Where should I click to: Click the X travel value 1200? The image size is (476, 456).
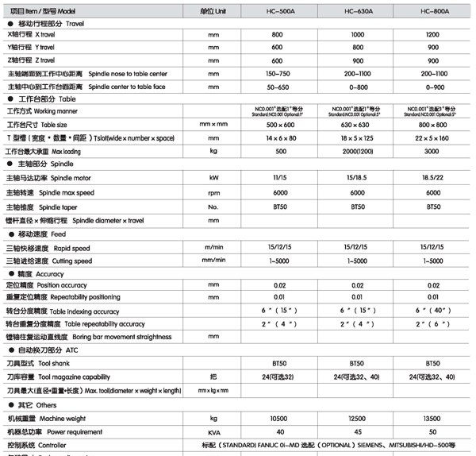[x=433, y=36]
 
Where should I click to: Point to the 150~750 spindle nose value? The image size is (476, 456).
[x=278, y=72]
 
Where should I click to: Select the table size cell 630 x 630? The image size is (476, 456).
[x=358, y=125]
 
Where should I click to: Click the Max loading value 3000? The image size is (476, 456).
[x=433, y=150]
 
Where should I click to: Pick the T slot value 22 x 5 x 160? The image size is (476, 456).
[x=433, y=137]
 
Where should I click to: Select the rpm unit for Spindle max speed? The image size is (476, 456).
[x=213, y=192]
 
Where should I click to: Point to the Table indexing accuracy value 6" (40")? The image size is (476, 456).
[x=433, y=311]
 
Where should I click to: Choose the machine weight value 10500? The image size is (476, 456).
[x=278, y=418]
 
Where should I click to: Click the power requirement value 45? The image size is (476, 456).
[x=358, y=431]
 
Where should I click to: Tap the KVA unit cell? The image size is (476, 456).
[x=213, y=431]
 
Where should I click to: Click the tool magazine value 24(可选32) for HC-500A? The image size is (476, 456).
[x=278, y=376]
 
